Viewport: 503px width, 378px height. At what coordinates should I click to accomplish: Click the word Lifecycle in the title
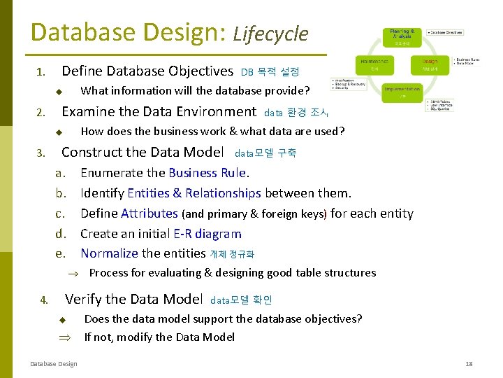(270, 34)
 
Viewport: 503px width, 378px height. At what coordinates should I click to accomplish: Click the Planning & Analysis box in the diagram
(402, 36)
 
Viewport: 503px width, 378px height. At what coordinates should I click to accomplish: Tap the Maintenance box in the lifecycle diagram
(376, 64)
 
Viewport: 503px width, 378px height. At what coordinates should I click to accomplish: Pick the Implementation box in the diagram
(402, 92)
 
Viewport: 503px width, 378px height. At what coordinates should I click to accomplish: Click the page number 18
(469, 364)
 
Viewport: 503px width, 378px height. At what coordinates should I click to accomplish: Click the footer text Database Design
(54, 363)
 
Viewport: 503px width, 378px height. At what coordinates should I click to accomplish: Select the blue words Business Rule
(207, 173)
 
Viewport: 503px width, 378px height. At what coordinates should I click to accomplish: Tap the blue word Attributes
(150, 213)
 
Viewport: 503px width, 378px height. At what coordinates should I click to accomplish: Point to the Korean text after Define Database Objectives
(270, 71)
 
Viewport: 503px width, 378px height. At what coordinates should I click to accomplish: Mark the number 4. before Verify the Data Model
(44, 300)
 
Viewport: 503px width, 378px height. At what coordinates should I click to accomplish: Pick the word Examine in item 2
(86, 111)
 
